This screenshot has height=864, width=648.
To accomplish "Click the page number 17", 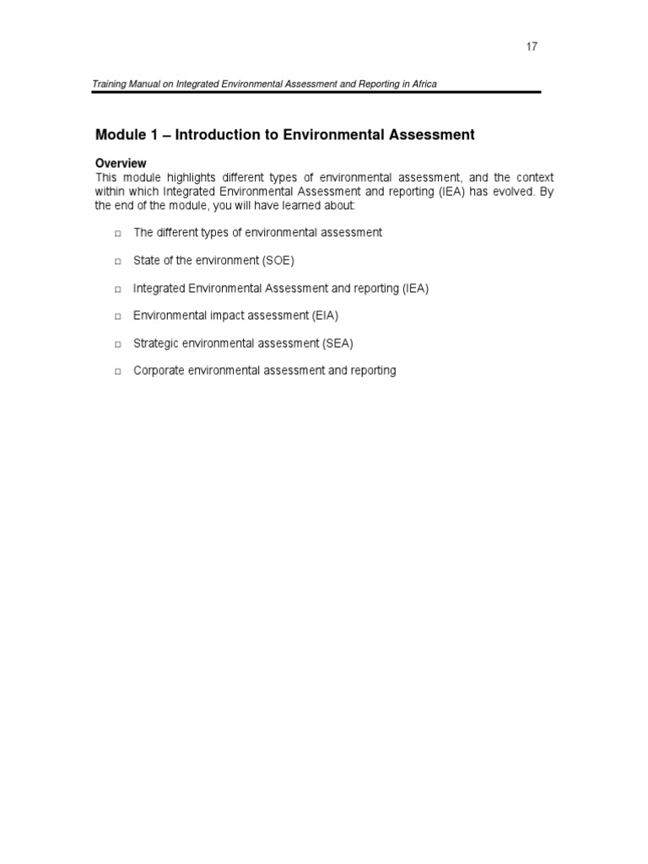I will coord(532,46).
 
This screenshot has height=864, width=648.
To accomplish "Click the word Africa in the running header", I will coord(423,84).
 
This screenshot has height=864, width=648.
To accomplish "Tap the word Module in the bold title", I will coord(121,135).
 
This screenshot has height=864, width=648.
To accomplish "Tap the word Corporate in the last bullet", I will coord(159,370).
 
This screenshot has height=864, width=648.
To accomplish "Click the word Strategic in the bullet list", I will coord(156,343).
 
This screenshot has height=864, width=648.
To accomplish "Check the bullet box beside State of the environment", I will coord(118,261).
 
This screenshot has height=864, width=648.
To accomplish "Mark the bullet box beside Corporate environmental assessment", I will coord(118,371).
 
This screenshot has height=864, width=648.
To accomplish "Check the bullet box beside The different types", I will coord(118,233).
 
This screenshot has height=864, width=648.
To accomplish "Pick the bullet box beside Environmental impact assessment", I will coord(118,316).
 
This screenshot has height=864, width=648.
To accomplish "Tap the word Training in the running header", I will coord(114,84).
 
